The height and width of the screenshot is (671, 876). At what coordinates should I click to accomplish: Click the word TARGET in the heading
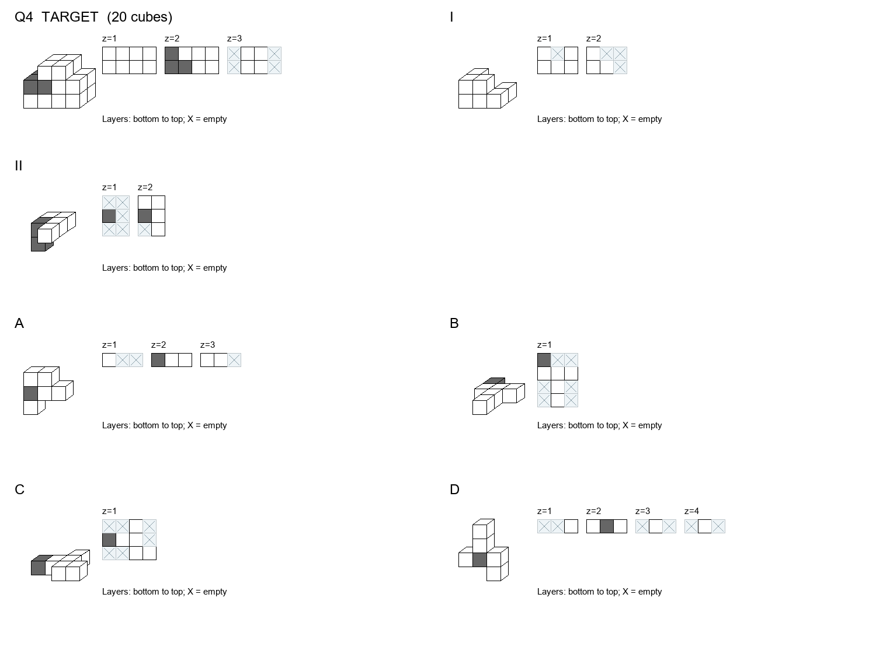pos(69,17)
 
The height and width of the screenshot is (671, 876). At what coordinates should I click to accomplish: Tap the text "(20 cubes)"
pos(140,17)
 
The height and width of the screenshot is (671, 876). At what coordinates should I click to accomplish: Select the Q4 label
pos(24,17)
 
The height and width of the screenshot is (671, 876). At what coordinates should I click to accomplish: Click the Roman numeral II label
pos(19,166)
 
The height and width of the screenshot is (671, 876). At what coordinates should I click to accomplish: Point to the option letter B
pos(454,323)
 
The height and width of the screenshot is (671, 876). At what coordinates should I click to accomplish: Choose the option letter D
pos(454,490)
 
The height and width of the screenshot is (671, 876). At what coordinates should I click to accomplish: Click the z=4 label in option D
pos(691,511)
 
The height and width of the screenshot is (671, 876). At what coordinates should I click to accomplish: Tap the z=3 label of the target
pos(234,39)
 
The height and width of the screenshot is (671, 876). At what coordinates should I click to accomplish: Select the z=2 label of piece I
pos(593,39)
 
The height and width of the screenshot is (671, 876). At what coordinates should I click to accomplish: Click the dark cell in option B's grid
pos(544,360)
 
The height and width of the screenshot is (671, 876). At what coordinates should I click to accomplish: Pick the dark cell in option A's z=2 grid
pos(158,360)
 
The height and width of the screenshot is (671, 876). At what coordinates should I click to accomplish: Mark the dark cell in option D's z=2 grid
pos(607,526)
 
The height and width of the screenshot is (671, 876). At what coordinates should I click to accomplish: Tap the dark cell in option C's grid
pos(109,540)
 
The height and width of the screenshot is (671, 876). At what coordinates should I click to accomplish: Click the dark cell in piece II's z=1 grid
pos(109,216)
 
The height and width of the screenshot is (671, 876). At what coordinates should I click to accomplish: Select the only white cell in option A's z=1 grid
pos(109,360)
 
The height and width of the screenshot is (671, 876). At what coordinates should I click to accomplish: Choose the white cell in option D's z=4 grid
pos(705,526)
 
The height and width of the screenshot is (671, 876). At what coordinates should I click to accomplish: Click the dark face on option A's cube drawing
pos(30,393)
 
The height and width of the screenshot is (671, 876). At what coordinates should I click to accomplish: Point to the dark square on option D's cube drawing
pos(479,560)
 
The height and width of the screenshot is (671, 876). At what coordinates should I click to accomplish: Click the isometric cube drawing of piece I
pos(488,89)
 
